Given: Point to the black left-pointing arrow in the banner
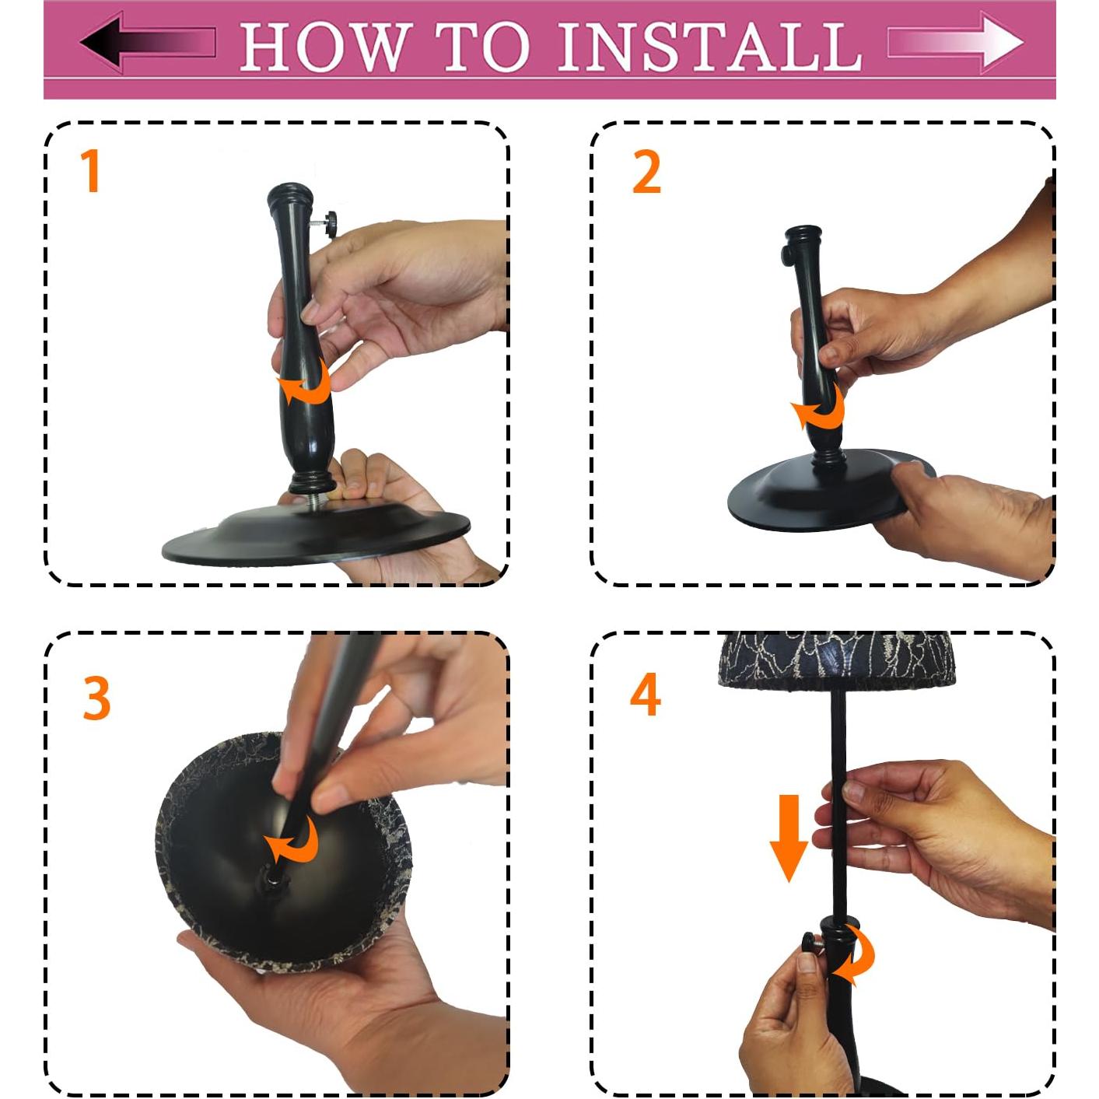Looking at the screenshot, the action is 148,42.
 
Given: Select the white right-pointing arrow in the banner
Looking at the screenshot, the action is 955,42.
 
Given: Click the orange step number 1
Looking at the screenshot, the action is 91,170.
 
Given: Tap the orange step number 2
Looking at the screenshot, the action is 646,172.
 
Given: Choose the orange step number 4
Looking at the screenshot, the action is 645,694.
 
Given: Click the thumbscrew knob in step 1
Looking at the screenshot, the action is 331,224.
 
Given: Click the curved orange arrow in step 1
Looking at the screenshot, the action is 305,381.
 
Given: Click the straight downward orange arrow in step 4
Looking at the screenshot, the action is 789,838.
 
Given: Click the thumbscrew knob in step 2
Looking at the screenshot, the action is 787,254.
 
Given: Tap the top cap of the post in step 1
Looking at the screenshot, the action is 290,196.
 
